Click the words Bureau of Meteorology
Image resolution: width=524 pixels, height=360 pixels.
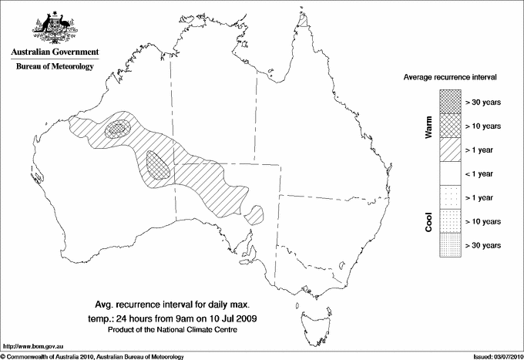point(55,67)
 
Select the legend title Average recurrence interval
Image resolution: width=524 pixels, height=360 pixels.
point(450,79)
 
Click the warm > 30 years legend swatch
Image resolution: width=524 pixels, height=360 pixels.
point(450,101)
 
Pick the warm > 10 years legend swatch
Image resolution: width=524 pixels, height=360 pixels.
point(450,125)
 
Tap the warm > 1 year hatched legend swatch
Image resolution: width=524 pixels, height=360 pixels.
point(450,149)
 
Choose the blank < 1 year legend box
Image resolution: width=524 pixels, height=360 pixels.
point(450,173)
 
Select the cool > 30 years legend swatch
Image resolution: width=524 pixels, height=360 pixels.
point(450,245)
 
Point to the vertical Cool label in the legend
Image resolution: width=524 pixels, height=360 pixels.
point(429,222)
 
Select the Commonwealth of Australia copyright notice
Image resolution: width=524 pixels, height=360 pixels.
point(92,356)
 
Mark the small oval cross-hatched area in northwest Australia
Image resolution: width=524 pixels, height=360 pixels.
point(119,129)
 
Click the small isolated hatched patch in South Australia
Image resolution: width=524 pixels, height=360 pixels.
point(255,214)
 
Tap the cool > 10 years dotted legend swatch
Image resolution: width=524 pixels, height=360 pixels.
point(450,221)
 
